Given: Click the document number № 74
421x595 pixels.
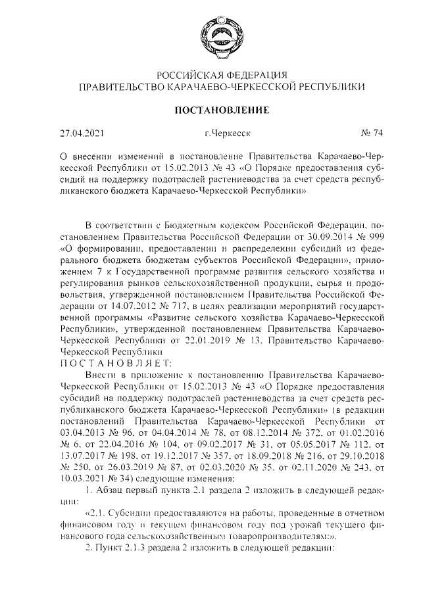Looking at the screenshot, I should (372, 133).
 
